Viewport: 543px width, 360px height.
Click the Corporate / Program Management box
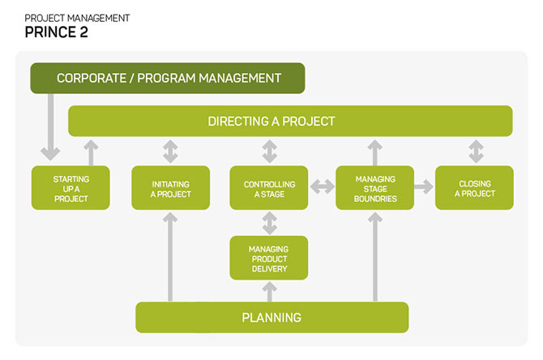pyautogui.click(x=168, y=78)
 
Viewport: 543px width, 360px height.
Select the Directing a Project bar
pyautogui.click(x=290, y=121)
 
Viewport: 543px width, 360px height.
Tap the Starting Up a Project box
pyautogui.click(x=71, y=188)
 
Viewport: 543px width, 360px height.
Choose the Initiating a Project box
pyautogui.click(x=171, y=188)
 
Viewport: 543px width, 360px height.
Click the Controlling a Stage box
pyautogui.click(x=269, y=188)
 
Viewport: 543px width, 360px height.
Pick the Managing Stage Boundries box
pyautogui.click(x=375, y=188)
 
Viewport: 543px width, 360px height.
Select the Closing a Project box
pyautogui.click(x=474, y=188)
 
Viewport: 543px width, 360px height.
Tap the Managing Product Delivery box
pyautogui.click(x=269, y=258)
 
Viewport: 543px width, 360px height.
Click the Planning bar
pyautogui.click(x=272, y=317)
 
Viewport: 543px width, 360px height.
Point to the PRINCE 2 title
pyautogui.click(x=57, y=32)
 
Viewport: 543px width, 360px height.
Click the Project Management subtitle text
pyautogui.click(x=77, y=18)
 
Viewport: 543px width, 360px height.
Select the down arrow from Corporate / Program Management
pyautogui.click(x=50, y=127)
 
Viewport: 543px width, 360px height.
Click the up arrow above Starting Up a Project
pyautogui.click(x=91, y=152)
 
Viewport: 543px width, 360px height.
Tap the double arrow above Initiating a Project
pyautogui.click(x=170, y=152)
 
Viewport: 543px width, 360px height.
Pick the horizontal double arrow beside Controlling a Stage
pyautogui.click(x=323, y=186)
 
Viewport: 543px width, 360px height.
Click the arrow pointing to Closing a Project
pyautogui.click(x=424, y=186)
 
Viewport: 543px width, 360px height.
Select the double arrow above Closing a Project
pyautogui.click(x=477, y=152)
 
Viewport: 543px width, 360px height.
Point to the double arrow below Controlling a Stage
pyautogui.click(x=269, y=223)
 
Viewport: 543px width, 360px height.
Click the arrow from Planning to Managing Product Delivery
pyautogui.click(x=269, y=292)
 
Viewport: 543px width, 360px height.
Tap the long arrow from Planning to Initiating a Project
pyautogui.click(x=170, y=257)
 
